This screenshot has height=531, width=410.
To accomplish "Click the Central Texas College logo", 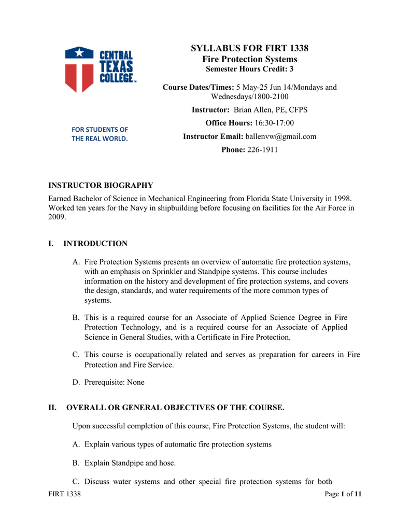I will point(100,69).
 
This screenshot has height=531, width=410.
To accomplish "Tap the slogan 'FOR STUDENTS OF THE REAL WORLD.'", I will point(100,134).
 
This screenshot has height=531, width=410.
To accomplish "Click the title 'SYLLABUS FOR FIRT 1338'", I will point(249,48).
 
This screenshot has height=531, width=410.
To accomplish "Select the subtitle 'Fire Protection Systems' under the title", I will point(249,59).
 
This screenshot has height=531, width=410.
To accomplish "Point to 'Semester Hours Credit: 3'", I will point(249,69).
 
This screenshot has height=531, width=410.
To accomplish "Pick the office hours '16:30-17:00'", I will point(275,123).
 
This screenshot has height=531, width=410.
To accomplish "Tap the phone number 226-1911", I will point(263,150).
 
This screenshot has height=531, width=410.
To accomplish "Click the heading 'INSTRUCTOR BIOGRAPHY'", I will point(101,185).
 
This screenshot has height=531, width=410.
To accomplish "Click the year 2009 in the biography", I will point(57,217).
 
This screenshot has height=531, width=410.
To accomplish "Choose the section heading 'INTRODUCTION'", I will point(95,243).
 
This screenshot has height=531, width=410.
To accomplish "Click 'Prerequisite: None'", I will point(115,382).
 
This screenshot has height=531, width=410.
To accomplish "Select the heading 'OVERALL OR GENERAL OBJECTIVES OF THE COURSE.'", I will point(175,408).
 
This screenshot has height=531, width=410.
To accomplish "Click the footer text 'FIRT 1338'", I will point(64,494).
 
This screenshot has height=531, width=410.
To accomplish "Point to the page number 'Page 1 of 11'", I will point(343,494).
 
